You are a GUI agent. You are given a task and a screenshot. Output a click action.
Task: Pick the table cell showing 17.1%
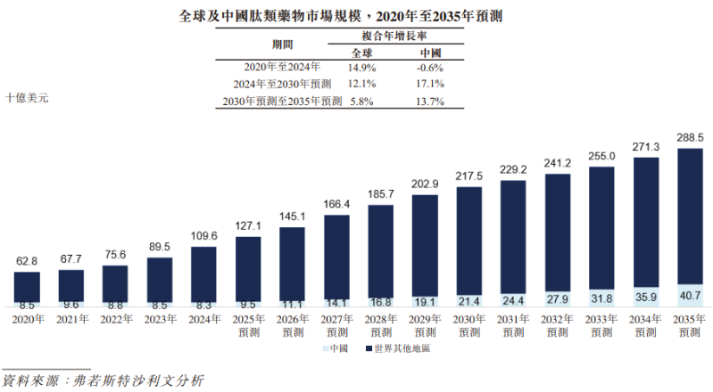coord(430,84)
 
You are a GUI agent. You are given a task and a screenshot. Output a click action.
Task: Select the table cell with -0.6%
coord(430,67)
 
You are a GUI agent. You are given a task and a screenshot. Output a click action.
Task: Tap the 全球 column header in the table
coord(362,51)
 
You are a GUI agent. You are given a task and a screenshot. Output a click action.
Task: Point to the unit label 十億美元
coord(27,98)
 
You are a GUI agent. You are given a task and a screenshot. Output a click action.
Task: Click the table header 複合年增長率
coord(397,36)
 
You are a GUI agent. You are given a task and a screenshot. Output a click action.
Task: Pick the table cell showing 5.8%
coord(362,102)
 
